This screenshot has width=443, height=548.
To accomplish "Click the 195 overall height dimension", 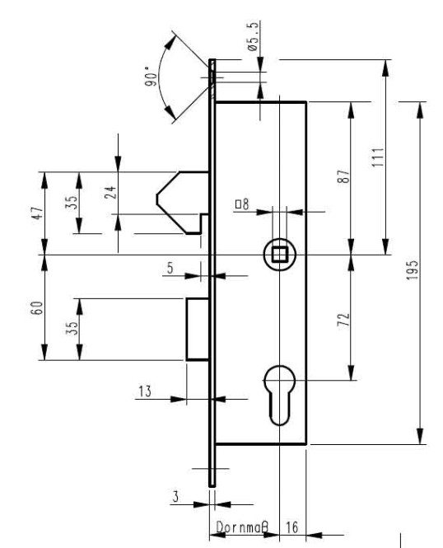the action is (413, 269).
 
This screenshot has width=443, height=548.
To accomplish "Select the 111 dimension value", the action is (377, 157).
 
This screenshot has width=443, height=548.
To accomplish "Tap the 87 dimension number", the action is (343, 176).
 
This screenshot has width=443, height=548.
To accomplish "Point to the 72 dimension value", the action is (343, 320).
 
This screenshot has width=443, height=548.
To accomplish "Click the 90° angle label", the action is (151, 77).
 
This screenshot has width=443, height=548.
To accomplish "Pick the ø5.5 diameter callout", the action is (254, 36).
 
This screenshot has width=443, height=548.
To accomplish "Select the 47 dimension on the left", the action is (38, 213).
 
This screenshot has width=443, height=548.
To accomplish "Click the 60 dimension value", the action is (38, 307).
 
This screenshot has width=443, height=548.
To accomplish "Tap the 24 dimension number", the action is (110, 192).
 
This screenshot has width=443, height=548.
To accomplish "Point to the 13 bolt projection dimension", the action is (145, 391).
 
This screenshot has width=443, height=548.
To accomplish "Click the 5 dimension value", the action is (170, 268).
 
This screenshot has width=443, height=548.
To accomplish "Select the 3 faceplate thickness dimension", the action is (175, 497).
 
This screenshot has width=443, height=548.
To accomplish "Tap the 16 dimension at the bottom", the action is (291, 527).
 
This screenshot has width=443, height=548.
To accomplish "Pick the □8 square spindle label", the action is (242, 204).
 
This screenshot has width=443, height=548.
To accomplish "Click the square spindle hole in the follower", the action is (280, 254).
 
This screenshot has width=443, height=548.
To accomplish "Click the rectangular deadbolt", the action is (198, 329).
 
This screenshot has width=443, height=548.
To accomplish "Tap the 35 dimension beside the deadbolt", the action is (72, 329).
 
